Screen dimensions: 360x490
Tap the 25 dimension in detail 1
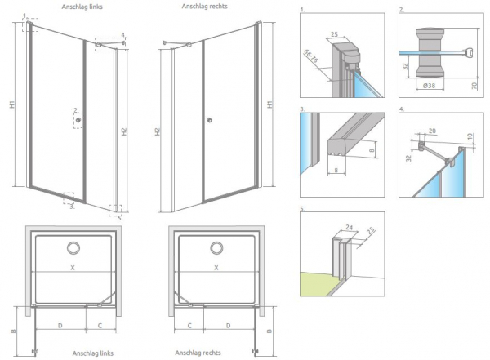pyautogui.click(x=333, y=33)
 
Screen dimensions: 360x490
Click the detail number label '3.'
pyautogui.click(x=302, y=109)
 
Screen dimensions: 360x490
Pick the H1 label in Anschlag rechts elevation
pyautogui.click(x=271, y=105)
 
